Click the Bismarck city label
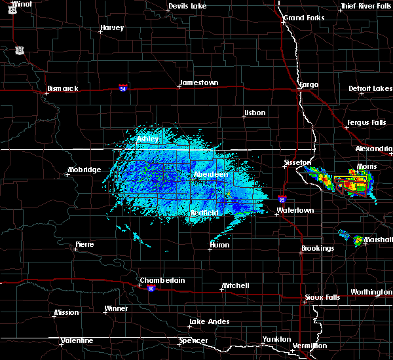63,88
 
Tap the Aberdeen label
210,175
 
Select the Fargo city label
309,84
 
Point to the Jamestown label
198,82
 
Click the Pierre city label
84,244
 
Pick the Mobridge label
84,170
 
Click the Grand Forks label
304,18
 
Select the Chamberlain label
162,280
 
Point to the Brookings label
318,248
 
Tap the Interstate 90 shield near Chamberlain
151,288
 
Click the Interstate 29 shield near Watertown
282,200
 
